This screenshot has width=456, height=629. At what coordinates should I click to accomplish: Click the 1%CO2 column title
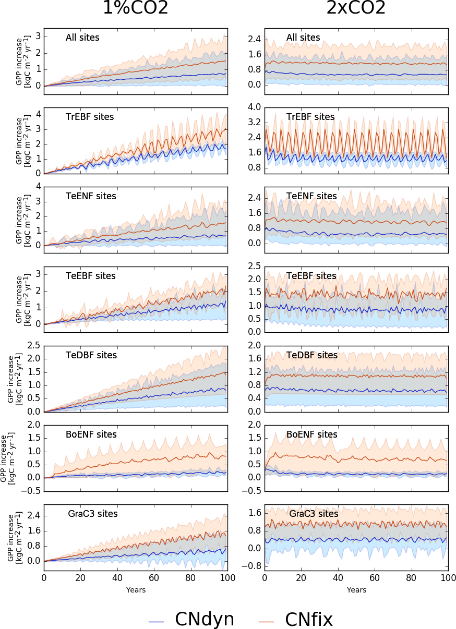tap(136, 8)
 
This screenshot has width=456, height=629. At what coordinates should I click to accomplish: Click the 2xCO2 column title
tap(356, 8)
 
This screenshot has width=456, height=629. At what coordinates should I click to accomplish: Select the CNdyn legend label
tap(204, 619)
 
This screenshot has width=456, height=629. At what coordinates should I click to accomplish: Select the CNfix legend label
tap(308, 619)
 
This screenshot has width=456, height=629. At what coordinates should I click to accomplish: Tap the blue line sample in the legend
tap(157, 621)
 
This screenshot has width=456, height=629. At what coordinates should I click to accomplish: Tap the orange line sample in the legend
tap(267, 621)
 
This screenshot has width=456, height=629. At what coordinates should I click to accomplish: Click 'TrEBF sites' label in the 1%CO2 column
tap(90, 117)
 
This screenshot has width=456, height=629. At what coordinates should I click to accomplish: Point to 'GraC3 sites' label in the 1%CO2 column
tap(92, 514)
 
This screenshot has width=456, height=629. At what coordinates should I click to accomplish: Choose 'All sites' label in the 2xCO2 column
tap(303, 38)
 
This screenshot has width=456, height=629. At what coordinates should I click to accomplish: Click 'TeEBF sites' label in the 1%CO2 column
tap(90, 275)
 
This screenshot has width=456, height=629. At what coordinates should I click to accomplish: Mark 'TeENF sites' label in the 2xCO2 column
tap(311, 196)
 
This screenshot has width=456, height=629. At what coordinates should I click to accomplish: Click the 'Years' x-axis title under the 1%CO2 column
tap(136, 590)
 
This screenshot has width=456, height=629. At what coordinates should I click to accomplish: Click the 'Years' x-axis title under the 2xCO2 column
tap(356, 590)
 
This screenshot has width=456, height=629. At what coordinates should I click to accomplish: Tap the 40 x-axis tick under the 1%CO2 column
tap(117, 578)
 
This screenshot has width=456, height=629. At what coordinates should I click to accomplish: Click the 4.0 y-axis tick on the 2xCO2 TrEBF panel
tap(254, 107)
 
